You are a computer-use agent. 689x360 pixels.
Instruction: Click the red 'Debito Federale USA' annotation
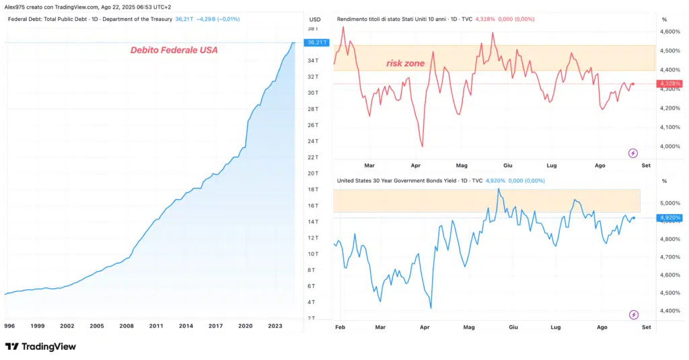point(174,50)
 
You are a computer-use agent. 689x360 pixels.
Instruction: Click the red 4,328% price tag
point(671,84)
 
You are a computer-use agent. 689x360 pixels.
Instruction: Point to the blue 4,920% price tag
point(671,218)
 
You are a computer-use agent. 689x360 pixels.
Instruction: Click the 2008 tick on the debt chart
point(126,326)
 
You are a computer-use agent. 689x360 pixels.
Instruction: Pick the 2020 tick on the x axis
point(245,326)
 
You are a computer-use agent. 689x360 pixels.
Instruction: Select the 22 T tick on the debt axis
point(313,157)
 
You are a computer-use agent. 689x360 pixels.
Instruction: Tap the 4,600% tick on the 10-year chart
point(671,32)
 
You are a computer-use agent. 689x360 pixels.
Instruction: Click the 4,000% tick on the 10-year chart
point(671,146)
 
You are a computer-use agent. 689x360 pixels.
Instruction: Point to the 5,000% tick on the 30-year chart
point(671,203)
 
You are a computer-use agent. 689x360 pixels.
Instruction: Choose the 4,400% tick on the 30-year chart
point(671,311)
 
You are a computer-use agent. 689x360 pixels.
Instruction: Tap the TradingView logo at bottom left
point(40,347)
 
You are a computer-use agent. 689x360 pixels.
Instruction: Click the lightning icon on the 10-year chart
point(632,153)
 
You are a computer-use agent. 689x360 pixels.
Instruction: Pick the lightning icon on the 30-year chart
point(632,314)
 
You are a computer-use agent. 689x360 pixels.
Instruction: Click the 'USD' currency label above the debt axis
point(314,19)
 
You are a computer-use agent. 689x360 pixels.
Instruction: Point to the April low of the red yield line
point(422,146)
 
